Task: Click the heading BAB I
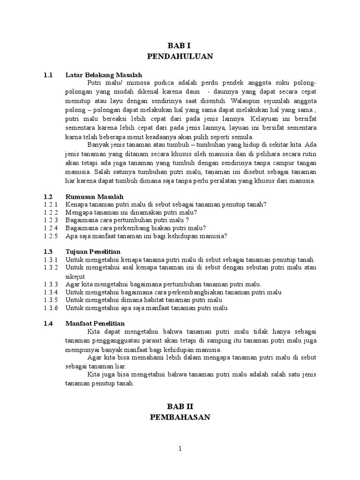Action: (x=180, y=45)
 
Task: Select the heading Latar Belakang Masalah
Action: (x=104, y=75)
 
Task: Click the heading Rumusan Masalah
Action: (x=95, y=196)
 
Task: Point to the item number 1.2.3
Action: (x=50, y=220)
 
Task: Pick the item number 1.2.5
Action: (x=50, y=236)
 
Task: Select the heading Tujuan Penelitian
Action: (x=93, y=252)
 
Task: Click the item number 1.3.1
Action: (x=50, y=260)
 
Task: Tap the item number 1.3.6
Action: (x=50, y=308)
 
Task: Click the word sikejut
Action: (x=75, y=276)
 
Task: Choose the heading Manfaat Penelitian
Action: (x=95, y=324)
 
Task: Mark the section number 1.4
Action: (x=48, y=324)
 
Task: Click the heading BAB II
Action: (x=180, y=406)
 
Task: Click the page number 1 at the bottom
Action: (x=180, y=449)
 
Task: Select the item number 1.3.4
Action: (x=50, y=292)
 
